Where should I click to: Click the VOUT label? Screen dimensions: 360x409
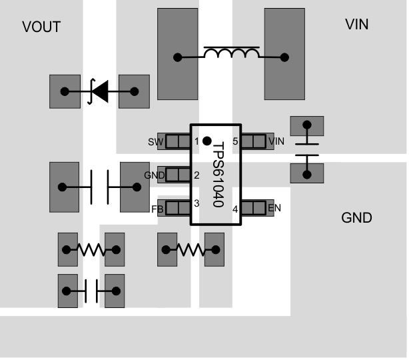tap(41, 27)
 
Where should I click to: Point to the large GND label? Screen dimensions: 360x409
tap(356, 218)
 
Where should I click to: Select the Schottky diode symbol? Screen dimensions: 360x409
tap(99, 91)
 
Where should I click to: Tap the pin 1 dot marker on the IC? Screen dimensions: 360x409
tap(207, 141)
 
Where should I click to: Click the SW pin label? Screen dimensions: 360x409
tap(155, 141)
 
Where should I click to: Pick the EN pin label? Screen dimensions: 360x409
tap(274, 208)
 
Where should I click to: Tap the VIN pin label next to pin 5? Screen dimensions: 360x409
tap(276, 141)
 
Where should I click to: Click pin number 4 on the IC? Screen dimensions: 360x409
tap(235, 209)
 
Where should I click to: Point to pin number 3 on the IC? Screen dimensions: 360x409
tap(197, 203)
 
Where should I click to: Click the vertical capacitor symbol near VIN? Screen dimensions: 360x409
tap(306, 149)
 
